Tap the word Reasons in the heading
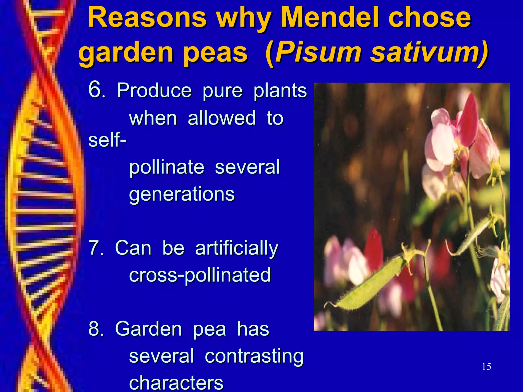(147, 18)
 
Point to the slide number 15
(486, 367)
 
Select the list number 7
(95, 248)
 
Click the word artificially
(236, 249)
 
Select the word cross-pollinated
(200, 275)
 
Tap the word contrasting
(254, 356)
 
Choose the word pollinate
(167, 168)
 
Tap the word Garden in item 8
(148, 329)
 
